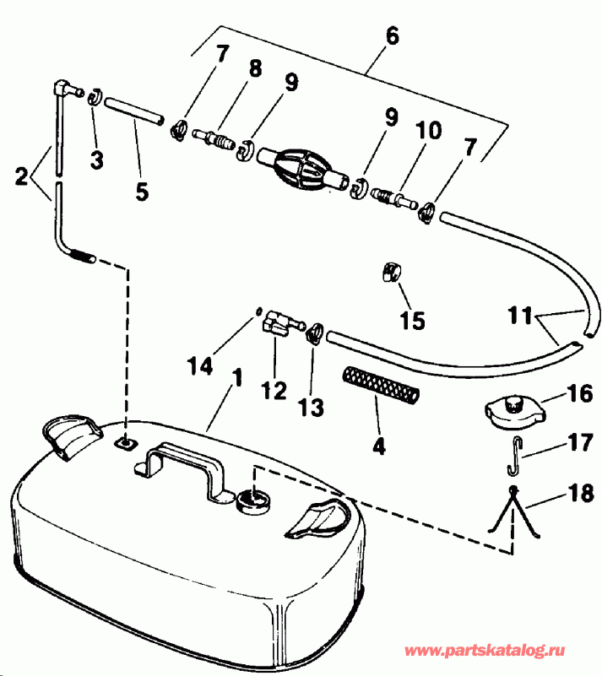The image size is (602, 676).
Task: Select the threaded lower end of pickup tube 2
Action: click(81, 252)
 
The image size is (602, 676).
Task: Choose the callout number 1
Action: click(237, 377)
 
